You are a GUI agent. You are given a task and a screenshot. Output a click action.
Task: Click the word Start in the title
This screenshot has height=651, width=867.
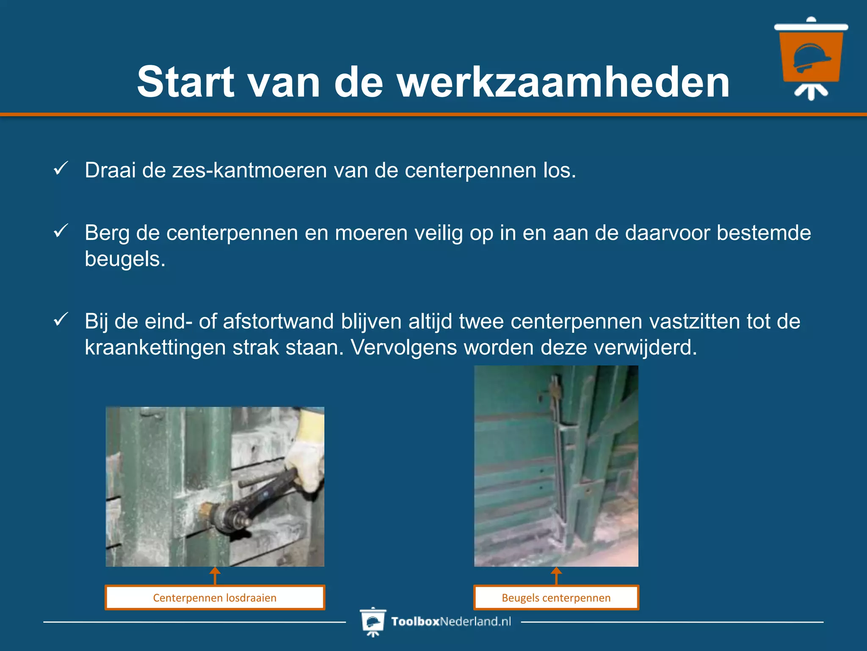click(185, 82)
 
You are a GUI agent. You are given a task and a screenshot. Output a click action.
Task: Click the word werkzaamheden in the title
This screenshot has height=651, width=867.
click(563, 82)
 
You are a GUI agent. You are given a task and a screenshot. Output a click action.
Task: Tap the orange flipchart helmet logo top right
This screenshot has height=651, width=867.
click(811, 57)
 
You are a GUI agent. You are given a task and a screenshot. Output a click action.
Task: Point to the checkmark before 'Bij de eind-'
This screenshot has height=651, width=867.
click(61, 319)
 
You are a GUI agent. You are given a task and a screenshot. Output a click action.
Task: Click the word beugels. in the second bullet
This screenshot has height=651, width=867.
click(125, 259)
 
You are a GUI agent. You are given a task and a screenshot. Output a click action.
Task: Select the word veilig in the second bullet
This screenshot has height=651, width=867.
click(438, 233)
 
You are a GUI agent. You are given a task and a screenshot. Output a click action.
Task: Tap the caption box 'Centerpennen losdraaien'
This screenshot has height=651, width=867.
click(215, 598)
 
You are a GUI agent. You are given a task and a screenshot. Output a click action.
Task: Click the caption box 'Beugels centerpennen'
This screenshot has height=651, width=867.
click(556, 598)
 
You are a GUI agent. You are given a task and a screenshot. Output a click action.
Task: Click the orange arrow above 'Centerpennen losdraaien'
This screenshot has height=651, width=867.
click(215, 576)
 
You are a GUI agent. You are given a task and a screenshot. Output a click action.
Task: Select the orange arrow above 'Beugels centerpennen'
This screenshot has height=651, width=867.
click(556, 576)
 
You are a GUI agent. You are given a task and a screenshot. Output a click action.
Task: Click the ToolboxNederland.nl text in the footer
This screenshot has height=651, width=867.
click(451, 621)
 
